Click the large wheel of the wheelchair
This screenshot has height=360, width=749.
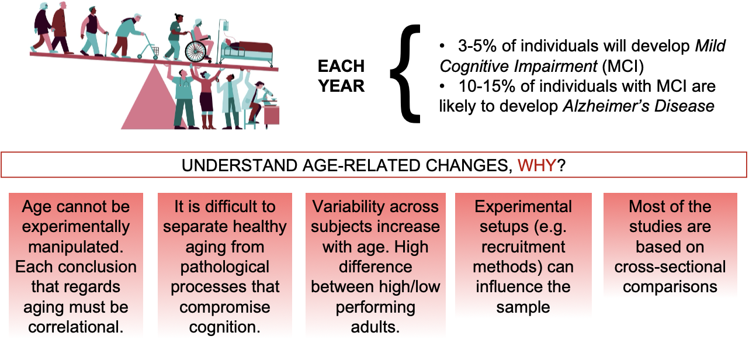(195, 52)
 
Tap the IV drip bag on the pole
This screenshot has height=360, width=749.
(226, 26)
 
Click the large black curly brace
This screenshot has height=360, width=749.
(405, 74)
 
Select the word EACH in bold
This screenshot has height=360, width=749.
(341, 66)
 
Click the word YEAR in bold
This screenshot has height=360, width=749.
(341, 86)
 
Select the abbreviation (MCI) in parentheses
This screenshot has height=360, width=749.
(623, 66)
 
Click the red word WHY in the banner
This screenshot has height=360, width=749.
(537, 165)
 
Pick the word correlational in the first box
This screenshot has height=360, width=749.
(76, 327)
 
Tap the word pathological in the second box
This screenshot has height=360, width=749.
(225, 267)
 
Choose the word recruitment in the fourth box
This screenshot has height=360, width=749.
(523, 247)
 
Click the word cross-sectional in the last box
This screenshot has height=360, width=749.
(670, 267)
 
